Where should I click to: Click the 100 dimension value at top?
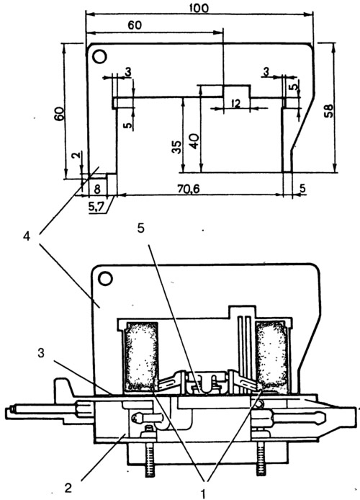coord(200,7)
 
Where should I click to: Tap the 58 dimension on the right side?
coord(328,111)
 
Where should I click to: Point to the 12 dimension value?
coord(236,103)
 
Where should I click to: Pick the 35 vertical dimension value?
coord(176,147)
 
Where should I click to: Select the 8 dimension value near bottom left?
coord(97,189)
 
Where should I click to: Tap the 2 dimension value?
coord(78,157)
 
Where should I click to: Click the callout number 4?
coord(27,236)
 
